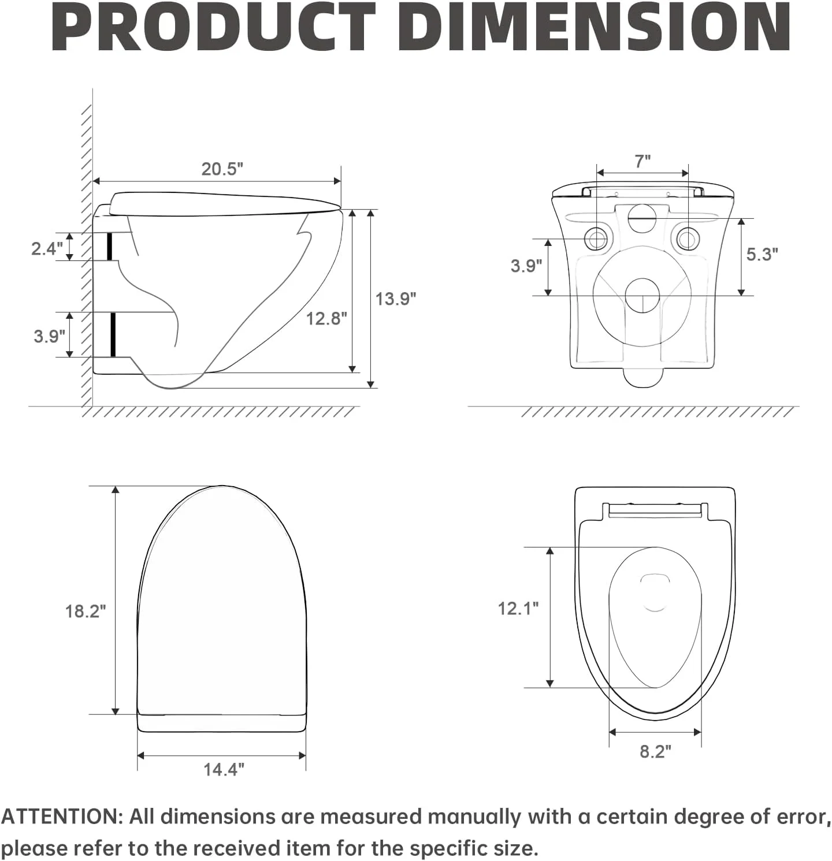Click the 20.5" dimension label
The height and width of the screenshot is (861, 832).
pyautogui.click(x=222, y=169)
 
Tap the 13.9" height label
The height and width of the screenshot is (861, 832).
pyautogui.click(x=396, y=299)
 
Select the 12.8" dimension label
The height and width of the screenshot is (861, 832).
pyautogui.click(x=326, y=318)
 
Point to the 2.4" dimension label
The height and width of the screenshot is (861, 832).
pyautogui.click(x=47, y=249)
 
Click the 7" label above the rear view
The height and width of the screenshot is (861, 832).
pyautogui.click(x=642, y=162)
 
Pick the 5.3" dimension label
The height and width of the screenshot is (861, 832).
pyautogui.click(x=762, y=254)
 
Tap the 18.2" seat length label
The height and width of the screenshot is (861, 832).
pyautogui.click(x=86, y=611)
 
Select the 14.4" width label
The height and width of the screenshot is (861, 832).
pyautogui.click(x=224, y=770)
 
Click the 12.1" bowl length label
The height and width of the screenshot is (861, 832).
pyautogui.click(x=518, y=608)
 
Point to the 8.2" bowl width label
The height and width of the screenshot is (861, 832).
pyautogui.click(x=656, y=752)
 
